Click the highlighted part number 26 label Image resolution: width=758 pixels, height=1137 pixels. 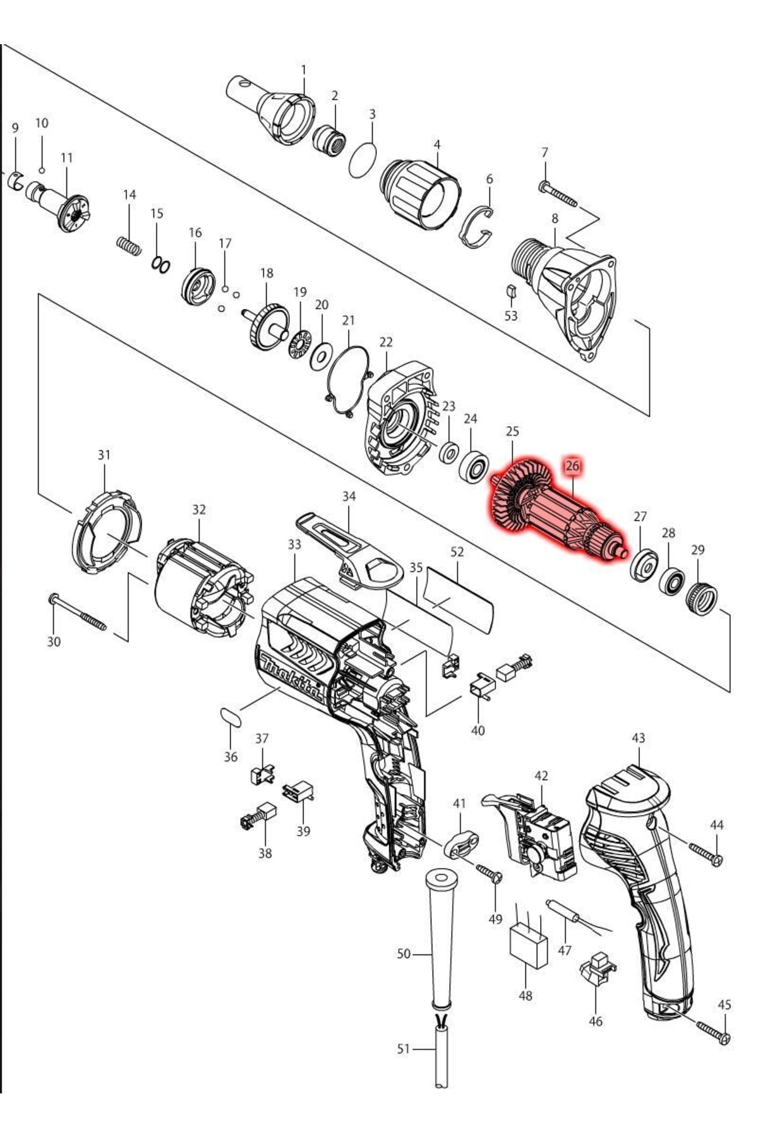tap(572, 466)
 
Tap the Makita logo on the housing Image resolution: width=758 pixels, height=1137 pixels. tap(292, 678)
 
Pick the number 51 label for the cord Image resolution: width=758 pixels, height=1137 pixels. tap(404, 1049)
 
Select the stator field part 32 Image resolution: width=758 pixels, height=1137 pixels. tap(202, 587)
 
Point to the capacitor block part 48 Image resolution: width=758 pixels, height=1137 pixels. tap(528, 945)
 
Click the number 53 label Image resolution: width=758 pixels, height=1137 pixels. tap(510, 315)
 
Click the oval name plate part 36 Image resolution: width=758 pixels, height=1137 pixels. tap(231, 718)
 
